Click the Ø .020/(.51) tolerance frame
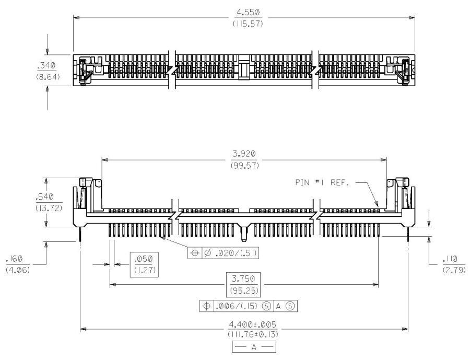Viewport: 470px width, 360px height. (x=225, y=253)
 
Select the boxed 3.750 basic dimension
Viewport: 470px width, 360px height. (x=243, y=278)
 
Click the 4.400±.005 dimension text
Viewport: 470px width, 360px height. (x=244, y=323)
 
